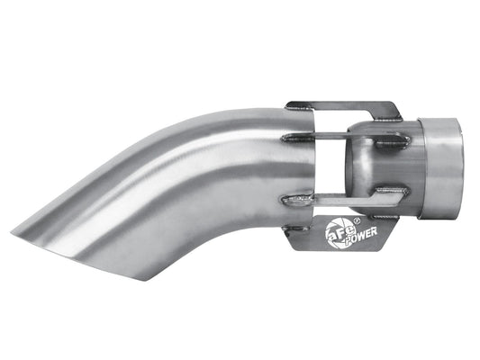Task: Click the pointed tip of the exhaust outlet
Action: (21, 220)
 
